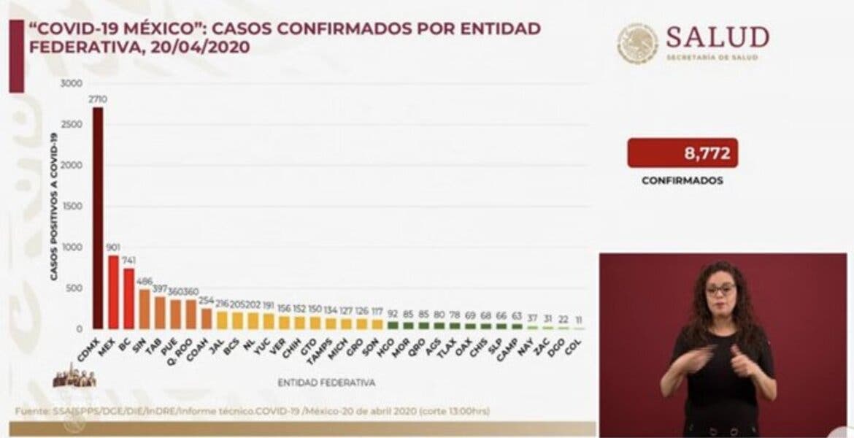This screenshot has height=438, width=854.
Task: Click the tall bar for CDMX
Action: pos(98,219)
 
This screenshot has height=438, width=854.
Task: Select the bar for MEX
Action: pos(113,292)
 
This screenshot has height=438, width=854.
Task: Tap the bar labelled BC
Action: pos(129,299)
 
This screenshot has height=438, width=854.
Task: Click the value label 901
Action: pos(113,248)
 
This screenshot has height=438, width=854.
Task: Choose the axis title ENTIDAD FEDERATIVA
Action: pos(326,382)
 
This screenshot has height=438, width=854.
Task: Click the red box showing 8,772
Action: pos(682,153)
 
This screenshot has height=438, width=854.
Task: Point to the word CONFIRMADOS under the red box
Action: pos(682,180)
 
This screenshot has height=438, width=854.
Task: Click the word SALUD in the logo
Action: pos(718,37)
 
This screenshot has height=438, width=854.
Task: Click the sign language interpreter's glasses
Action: pos(720,290)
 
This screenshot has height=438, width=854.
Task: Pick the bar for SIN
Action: pos(145,309)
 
